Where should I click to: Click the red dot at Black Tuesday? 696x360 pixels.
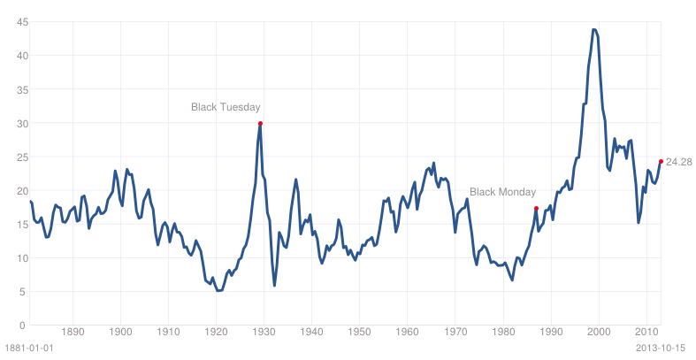[x=260, y=124]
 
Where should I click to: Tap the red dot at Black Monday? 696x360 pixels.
[x=536, y=208]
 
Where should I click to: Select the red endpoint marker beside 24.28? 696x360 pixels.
[x=661, y=162]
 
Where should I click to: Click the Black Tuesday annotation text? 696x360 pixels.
[x=226, y=107]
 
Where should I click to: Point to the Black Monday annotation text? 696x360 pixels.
[x=503, y=192]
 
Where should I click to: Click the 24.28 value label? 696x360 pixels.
[x=679, y=162]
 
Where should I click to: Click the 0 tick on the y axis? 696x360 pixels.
[x=22, y=326]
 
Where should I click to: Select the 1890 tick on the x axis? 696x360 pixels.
[x=73, y=332]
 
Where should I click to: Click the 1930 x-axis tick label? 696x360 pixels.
[x=264, y=332]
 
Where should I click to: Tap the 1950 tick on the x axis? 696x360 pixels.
[x=360, y=332]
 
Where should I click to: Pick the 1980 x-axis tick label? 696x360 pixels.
[x=503, y=332]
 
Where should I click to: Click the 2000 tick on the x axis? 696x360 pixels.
[x=600, y=332]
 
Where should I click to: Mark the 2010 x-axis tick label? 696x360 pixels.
[x=646, y=332]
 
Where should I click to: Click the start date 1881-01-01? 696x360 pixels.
[x=29, y=348]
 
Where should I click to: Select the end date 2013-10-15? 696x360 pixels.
[x=661, y=348]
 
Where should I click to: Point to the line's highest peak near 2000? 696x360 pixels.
[x=594, y=30]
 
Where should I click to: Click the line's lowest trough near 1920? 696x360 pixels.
[x=218, y=291]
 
